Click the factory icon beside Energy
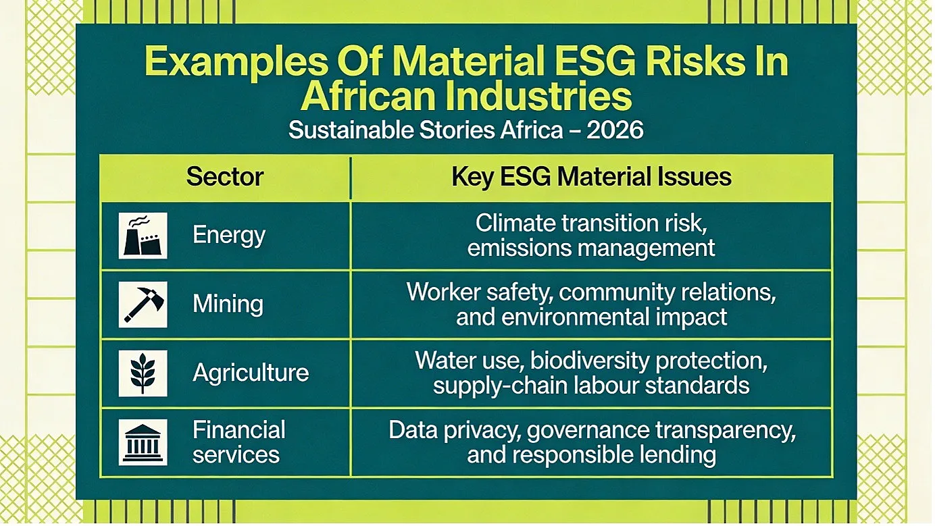(143, 236)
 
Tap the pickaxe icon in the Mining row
(143, 305)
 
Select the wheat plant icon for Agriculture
(143, 373)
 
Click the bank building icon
(143, 442)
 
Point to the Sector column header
(224, 176)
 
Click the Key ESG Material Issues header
(592, 177)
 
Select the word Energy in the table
(229, 236)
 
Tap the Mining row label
(228, 304)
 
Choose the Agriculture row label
(251, 373)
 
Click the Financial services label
(239, 442)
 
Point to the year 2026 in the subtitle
(615, 130)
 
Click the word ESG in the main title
(595, 61)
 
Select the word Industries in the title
(538, 96)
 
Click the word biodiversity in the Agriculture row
(589, 361)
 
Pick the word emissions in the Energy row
(519, 248)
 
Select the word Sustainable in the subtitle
(351, 130)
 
